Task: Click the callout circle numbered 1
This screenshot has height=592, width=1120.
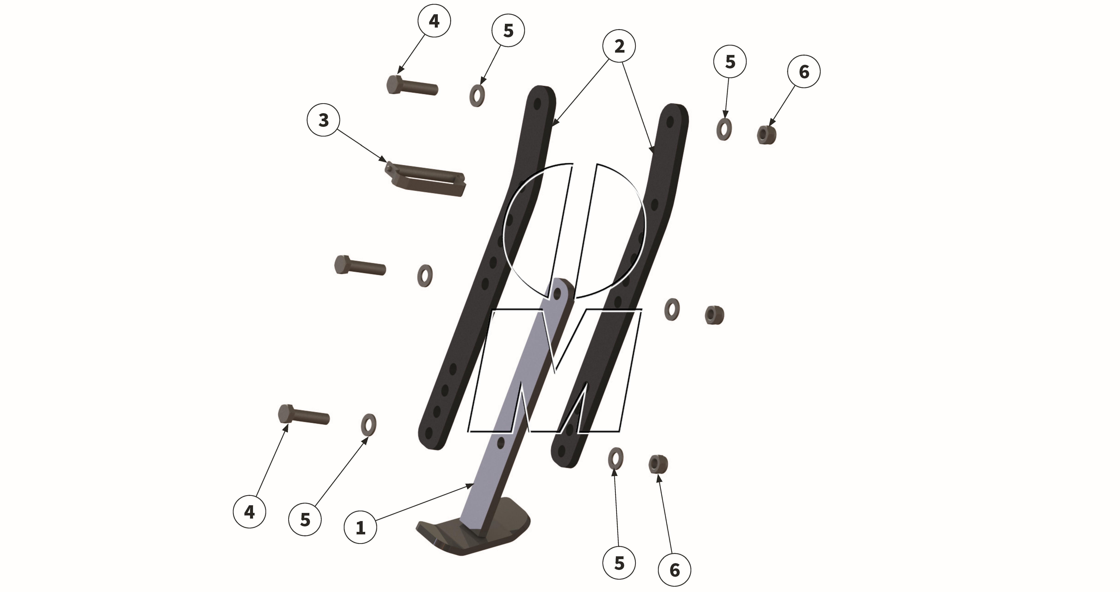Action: point(361,527)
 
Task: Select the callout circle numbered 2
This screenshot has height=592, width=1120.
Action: point(619,46)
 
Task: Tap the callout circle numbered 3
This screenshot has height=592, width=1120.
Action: point(323,120)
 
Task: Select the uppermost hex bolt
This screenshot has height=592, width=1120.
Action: point(411,86)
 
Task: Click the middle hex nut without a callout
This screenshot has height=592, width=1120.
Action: point(714,315)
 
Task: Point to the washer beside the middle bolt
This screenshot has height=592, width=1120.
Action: point(425,275)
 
